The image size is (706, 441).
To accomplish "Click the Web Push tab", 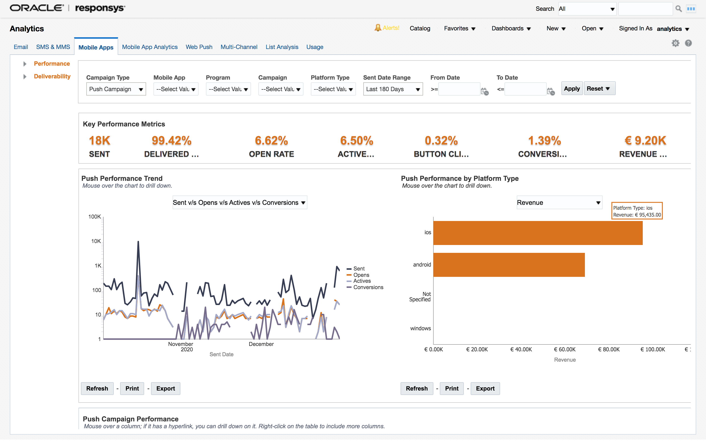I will (x=199, y=47).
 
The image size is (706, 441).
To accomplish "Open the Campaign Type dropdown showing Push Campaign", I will (x=116, y=89).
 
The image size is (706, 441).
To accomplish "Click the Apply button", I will (x=571, y=89).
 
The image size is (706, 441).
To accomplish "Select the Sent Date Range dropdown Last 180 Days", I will (x=393, y=89).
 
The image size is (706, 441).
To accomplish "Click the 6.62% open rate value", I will (x=271, y=141).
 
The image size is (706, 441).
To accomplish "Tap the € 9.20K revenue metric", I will (x=645, y=141).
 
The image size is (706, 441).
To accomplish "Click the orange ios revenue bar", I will (x=537, y=233).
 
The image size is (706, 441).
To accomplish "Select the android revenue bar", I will (x=509, y=265).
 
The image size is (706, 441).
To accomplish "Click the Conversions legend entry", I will (x=368, y=288).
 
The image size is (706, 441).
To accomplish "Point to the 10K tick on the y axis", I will (x=96, y=241).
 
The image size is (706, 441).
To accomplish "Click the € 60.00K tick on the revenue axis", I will (x=565, y=349).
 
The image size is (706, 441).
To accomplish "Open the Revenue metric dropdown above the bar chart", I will (x=559, y=203).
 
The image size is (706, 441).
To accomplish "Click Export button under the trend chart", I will (x=165, y=389).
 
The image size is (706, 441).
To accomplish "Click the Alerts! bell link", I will (x=387, y=28).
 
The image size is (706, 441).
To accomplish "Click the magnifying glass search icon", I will (x=679, y=9).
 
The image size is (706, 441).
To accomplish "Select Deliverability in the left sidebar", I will (x=52, y=76).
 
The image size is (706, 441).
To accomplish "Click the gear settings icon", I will (x=675, y=43).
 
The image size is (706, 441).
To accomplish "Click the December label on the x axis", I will (x=261, y=344).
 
